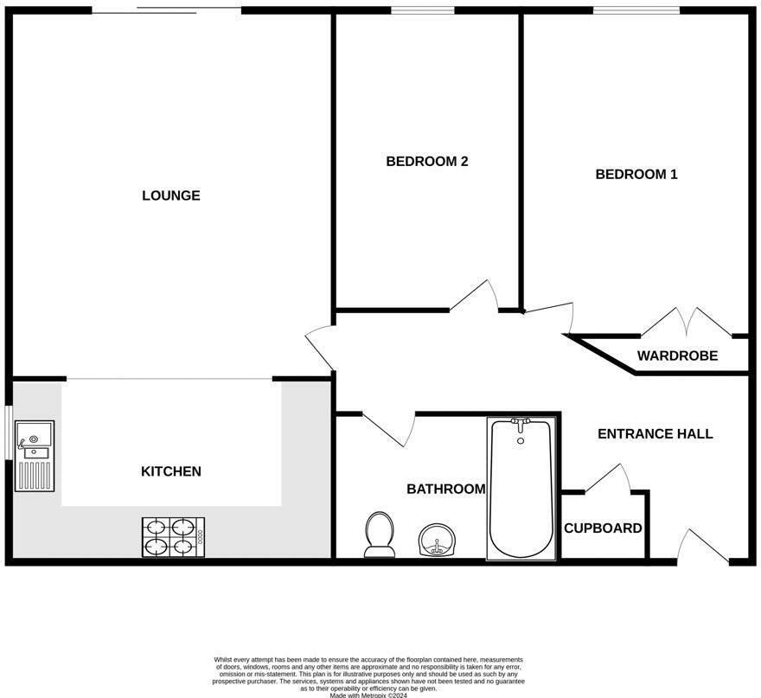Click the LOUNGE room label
click(x=171, y=195)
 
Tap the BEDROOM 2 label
click(x=427, y=162)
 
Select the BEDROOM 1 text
click(x=636, y=174)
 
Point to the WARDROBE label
click(x=677, y=355)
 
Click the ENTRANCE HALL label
click(x=655, y=434)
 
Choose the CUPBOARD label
click(x=603, y=528)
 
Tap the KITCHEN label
click(x=171, y=471)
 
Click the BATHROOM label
click(x=446, y=489)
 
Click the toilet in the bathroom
click(x=380, y=535)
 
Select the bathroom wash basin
click(x=438, y=540)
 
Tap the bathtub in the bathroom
click(x=521, y=489)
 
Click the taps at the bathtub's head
click(x=521, y=424)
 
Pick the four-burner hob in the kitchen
click(x=173, y=537)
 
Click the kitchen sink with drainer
click(x=35, y=456)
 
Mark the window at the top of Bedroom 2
click(x=423, y=10)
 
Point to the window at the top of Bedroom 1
click(x=636, y=10)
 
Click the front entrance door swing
click(x=703, y=547)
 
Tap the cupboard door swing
click(x=608, y=478)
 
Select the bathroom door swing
click(x=389, y=430)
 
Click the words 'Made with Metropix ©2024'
click(x=368, y=695)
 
